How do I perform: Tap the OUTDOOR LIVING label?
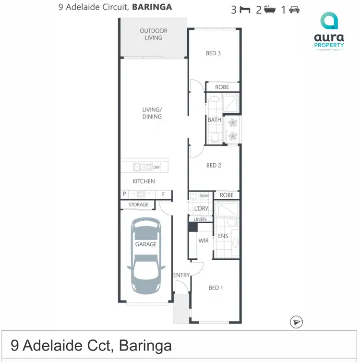coord(154,34)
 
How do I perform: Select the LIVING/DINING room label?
coord(152,113)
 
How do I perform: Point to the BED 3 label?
coord(213,53)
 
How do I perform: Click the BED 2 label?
coord(214,166)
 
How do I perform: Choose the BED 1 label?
coord(216,288)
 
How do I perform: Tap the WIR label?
coord(204,241)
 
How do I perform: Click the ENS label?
coord(223,236)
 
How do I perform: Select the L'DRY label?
coord(201,208)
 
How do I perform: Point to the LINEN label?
coord(200,219)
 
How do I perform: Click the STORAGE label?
coord(138,205)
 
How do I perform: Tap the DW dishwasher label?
coord(156,168)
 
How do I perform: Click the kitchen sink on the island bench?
coord(141,167)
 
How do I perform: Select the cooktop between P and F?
coord(141,194)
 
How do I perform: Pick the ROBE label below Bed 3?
coord(222,87)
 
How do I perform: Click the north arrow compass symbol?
coord(297,322)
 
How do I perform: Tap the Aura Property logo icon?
coord(329,21)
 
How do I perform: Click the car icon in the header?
coord(294,10)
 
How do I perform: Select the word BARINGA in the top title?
coord(152,7)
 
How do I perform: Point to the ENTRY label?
coord(182,275)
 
